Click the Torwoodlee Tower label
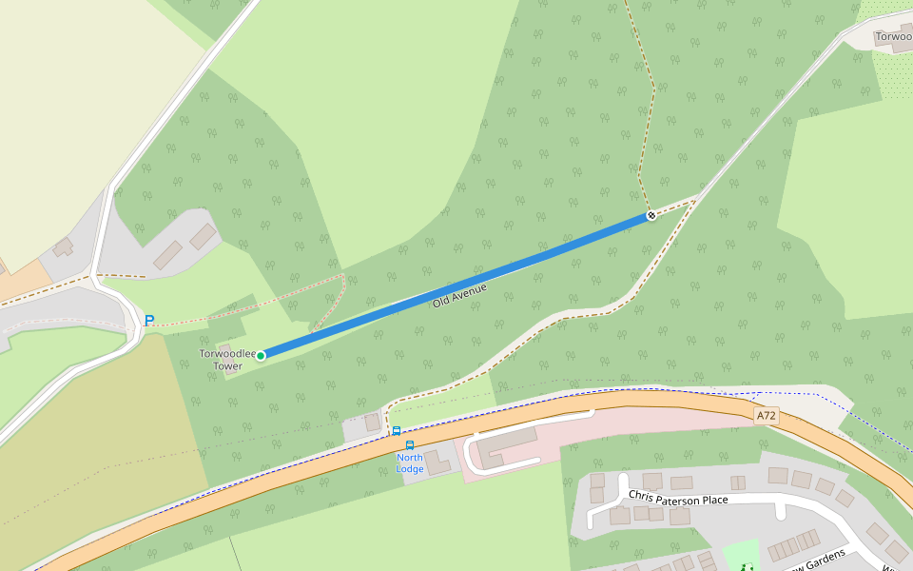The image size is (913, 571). pyautogui.click(x=227, y=360)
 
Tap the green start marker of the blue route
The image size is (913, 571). pyautogui.click(x=261, y=355)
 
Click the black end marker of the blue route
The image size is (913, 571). pyautogui.click(x=651, y=216)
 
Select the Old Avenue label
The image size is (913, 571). pyautogui.click(x=459, y=294)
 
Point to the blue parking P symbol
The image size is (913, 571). pyautogui.click(x=148, y=321)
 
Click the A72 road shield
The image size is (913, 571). pyautogui.click(x=767, y=416)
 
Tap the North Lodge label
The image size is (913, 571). pyautogui.click(x=410, y=463)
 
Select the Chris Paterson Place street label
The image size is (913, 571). pyautogui.click(x=678, y=498)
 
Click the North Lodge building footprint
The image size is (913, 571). pyautogui.click(x=437, y=463)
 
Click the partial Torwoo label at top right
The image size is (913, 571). pyautogui.click(x=893, y=37)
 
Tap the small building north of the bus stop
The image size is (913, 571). pyautogui.click(x=372, y=421)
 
